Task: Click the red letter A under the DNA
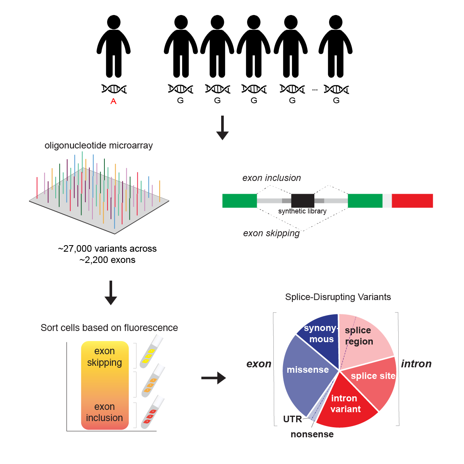click(113, 101)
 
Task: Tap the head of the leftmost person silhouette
click(114, 22)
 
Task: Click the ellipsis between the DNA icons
click(315, 90)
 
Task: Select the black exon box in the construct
click(302, 200)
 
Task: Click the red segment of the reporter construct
click(412, 201)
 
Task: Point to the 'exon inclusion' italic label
click(271, 178)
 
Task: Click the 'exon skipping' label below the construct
click(271, 233)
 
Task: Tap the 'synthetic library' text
click(302, 211)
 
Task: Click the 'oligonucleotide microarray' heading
click(99, 145)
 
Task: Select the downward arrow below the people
click(222, 128)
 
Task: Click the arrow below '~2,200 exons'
click(111, 293)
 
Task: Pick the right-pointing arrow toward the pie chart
click(213, 378)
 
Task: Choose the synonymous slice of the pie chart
click(319, 334)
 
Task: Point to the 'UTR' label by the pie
click(292, 419)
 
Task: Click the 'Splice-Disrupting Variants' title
click(338, 297)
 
